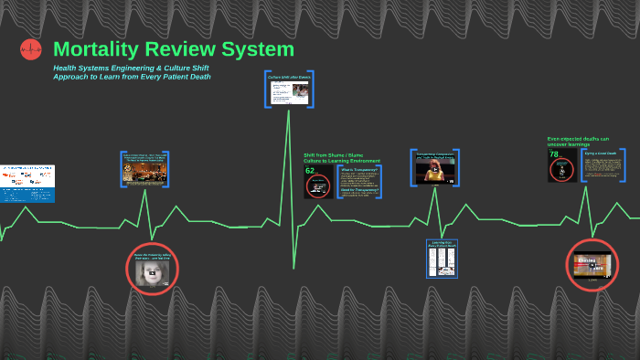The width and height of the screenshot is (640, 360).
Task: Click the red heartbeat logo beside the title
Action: [31, 49]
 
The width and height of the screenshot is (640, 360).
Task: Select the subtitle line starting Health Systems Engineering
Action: [130, 68]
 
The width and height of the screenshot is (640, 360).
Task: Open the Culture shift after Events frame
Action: [289, 90]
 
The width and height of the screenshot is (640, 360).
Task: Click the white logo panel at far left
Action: [27, 184]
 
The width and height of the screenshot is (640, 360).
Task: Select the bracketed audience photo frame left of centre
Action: [144, 170]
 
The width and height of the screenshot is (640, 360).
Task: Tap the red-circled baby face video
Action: [152, 269]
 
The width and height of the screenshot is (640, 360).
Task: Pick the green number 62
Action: [310, 170]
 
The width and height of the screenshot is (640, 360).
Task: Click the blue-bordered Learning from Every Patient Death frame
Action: [443, 259]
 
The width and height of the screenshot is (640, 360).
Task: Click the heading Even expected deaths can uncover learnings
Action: [578, 141]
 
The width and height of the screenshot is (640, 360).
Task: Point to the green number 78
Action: [553, 154]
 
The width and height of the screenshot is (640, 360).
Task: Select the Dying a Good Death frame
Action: [603, 165]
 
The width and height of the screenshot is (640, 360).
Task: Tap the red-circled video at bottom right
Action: [592, 265]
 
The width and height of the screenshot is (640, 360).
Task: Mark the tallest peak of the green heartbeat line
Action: [289, 109]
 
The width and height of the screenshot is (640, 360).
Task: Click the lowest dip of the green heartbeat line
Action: [293, 268]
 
